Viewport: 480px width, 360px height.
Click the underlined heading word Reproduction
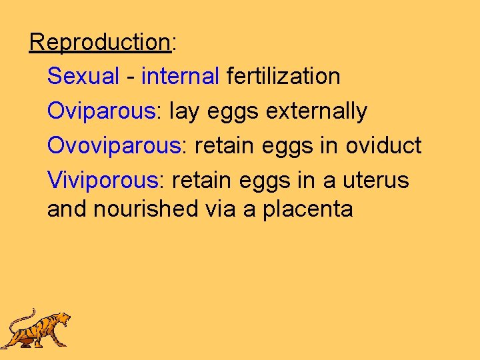(x=100, y=43)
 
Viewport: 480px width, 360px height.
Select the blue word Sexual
(x=83, y=77)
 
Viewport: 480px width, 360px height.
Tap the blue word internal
(x=180, y=77)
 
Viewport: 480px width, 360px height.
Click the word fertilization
(x=283, y=77)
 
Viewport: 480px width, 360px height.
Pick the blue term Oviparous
(x=101, y=111)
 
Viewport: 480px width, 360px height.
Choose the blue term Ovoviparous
(x=114, y=146)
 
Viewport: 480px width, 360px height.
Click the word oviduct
(x=383, y=146)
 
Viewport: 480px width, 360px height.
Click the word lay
(x=185, y=111)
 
